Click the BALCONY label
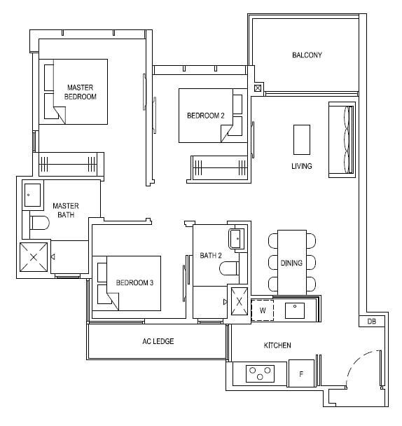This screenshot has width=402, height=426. (307, 55)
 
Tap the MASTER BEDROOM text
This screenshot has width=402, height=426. (80, 92)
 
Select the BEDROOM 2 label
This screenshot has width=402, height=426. (206, 116)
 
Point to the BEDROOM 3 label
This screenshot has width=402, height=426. (134, 283)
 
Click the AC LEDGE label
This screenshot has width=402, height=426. (158, 341)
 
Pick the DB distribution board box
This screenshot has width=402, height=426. (372, 322)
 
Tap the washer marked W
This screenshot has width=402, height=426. (263, 310)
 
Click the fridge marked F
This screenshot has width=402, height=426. (301, 373)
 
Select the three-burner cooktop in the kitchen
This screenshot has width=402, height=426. (260, 373)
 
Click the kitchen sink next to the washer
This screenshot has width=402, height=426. (295, 310)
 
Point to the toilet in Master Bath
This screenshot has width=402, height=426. (39, 223)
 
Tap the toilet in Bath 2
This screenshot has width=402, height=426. (229, 268)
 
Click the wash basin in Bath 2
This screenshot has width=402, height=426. (237, 239)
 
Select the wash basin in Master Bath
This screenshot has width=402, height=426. (33, 195)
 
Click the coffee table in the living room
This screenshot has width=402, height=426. (302, 139)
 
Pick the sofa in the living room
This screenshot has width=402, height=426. (342, 139)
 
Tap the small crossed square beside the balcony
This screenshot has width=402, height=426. (258, 88)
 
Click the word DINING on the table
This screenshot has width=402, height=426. (291, 263)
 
